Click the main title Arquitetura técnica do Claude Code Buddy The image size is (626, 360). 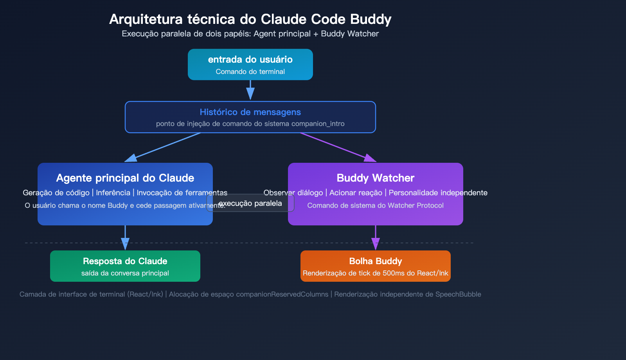[250, 19]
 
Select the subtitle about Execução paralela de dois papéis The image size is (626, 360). [250, 34]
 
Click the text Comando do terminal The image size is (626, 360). [250, 72]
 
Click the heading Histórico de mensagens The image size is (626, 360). [250, 112]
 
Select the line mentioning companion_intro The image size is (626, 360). [250, 124]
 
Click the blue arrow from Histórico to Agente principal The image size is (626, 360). [164, 147]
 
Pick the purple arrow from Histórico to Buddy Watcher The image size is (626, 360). [336, 147]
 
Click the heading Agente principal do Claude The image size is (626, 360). [125, 178]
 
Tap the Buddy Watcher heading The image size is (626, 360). [375, 178]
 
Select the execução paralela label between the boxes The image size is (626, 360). [250, 203]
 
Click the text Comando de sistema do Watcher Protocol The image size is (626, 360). [375, 205]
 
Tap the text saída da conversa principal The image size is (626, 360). [125, 273]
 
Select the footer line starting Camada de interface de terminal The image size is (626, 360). [250, 294]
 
